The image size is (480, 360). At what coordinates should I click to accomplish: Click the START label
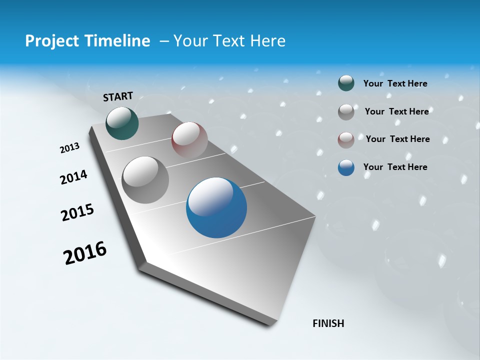coord(118,96)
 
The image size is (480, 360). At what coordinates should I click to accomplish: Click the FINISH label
coord(328,323)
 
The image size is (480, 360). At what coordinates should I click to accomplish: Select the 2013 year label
coord(69,148)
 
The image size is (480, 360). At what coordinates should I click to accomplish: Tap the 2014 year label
coord(73,177)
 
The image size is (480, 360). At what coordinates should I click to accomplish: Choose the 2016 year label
coord(85,253)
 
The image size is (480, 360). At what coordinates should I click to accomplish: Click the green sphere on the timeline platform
coord(122,123)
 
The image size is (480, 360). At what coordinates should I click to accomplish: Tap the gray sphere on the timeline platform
coord(145,179)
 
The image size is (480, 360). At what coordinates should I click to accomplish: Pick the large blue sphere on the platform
coord(216,207)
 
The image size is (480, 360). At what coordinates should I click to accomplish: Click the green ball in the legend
coord(346,83)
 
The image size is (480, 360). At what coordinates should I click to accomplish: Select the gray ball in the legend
coord(346,112)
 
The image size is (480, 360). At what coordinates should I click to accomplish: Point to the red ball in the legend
coord(346,140)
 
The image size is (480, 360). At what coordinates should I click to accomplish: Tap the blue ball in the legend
coord(346,167)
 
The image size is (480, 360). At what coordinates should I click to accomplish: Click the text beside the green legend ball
coord(395,83)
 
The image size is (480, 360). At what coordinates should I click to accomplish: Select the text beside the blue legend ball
coord(395,167)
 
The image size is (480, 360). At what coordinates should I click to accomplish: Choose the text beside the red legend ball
coord(397,139)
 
